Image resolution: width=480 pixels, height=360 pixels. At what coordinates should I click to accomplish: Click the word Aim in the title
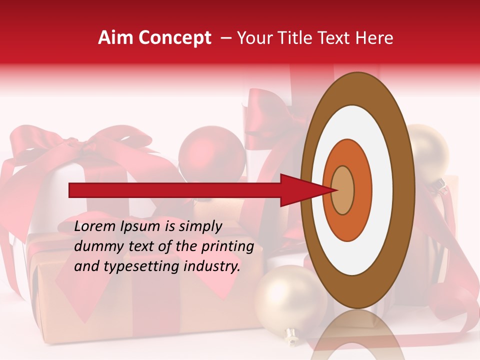coord(116,38)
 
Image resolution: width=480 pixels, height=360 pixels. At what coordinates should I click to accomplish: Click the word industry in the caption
coord(211,266)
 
